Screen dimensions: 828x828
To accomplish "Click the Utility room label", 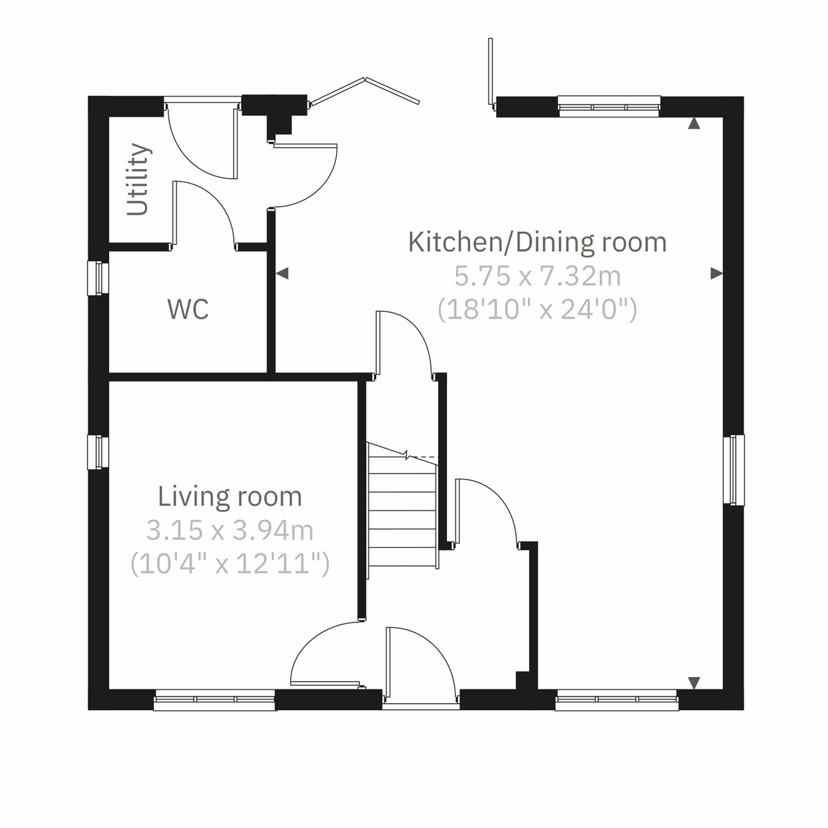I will tap(139, 179).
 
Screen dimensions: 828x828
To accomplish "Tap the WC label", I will tap(188, 309).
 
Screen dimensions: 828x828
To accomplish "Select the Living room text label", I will tap(230, 496).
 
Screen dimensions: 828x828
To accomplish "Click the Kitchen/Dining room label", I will tap(538, 242).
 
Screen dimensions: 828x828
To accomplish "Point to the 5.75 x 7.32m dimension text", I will tap(538, 276).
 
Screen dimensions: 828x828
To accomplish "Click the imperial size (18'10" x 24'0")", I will tap(538, 310).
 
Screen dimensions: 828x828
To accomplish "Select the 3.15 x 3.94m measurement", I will tap(230, 530).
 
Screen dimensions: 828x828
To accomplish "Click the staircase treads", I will tap(403, 511).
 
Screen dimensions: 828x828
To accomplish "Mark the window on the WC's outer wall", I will tap(99, 277).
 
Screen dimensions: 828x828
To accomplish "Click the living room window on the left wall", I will tap(99, 452).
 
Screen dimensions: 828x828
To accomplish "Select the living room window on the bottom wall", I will tap(215, 700).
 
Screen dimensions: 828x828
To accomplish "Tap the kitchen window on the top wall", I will tap(609, 106).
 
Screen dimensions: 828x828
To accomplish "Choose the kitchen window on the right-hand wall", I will tap(736, 470).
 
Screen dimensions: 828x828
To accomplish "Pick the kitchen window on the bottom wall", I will tap(617, 700).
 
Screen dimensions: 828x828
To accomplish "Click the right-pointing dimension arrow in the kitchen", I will tap(716, 274).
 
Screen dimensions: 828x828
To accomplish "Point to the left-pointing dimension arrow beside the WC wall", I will tap(282, 274).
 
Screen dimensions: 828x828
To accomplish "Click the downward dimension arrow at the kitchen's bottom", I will tap(694, 682).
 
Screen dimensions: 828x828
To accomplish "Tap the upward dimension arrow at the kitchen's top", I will tap(694, 124).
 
